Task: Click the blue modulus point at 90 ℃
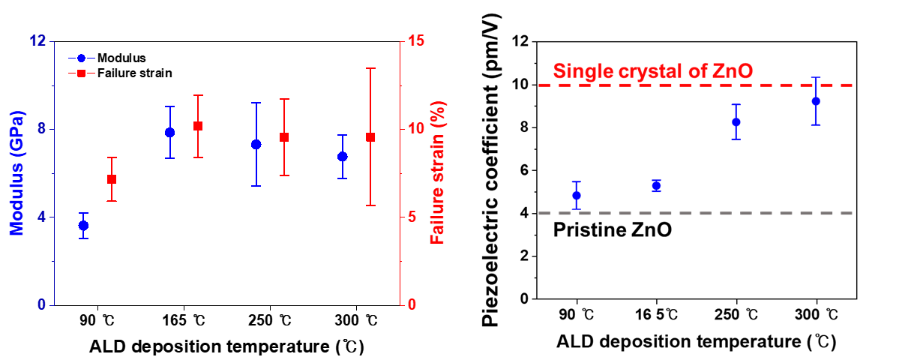tap(83, 226)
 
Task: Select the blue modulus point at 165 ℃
tap(169, 133)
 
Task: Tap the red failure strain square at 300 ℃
tap(370, 137)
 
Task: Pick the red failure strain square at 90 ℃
tap(112, 179)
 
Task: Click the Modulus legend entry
tap(121, 58)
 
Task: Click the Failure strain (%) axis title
tap(436, 173)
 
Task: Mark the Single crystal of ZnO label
tap(652, 72)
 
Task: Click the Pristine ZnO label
tap(612, 230)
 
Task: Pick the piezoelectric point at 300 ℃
tap(817, 101)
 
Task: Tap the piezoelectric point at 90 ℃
tap(577, 196)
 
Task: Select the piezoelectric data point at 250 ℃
tap(736, 122)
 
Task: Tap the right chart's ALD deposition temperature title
tap(696, 342)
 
